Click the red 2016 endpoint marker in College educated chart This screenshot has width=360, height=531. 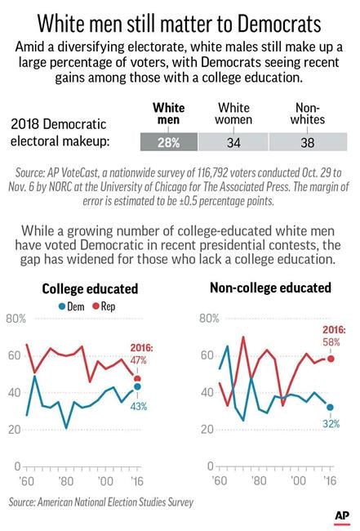click(136, 378)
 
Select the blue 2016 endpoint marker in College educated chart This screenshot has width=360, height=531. click(136, 387)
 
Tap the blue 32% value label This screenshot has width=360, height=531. click(330, 424)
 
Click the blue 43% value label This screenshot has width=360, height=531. click(140, 407)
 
